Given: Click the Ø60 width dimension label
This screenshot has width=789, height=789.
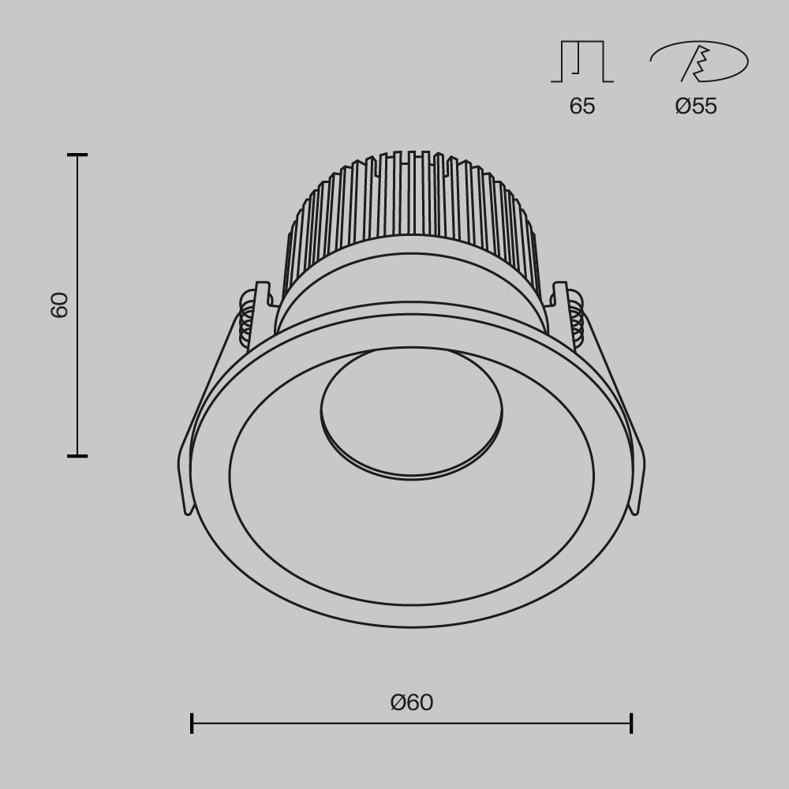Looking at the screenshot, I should pyautogui.click(x=412, y=701).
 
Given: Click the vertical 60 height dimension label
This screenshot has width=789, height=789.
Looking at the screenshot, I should pyautogui.click(x=60, y=305).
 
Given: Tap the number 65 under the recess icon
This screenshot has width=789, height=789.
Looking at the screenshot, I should pyautogui.click(x=582, y=107).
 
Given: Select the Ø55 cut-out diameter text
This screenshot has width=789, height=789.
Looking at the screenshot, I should pyautogui.click(x=696, y=107).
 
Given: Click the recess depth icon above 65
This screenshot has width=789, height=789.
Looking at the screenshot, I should pyautogui.click(x=582, y=62).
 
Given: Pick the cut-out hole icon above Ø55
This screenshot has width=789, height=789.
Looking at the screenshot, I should pyautogui.click(x=699, y=62).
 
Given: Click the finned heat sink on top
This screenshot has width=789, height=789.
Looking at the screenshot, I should pyautogui.click(x=410, y=205).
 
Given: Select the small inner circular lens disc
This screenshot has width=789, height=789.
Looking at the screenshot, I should pyautogui.click(x=411, y=410).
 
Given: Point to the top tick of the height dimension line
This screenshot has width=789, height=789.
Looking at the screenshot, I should pyautogui.click(x=77, y=155).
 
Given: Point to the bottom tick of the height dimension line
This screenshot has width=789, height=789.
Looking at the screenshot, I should pyautogui.click(x=77, y=455).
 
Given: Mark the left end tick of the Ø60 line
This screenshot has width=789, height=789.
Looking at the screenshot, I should pyautogui.click(x=192, y=723).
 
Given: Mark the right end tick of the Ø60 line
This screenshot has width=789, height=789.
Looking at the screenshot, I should pyautogui.click(x=631, y=723).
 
